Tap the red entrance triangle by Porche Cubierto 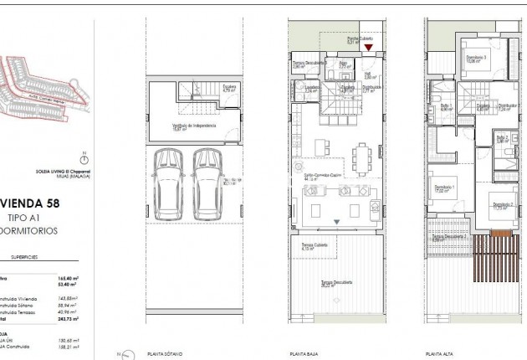369,48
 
